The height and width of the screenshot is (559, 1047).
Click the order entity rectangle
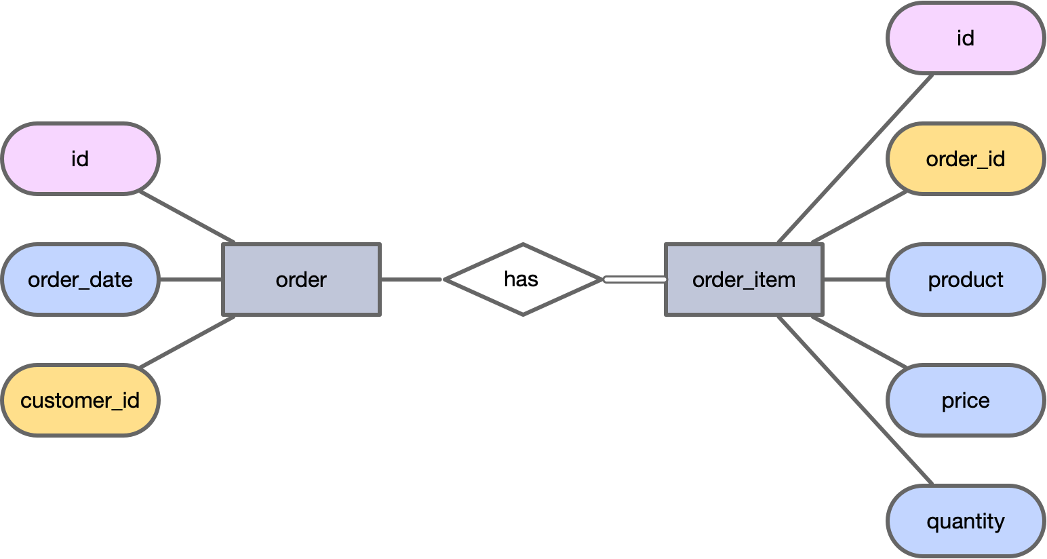click(x=302, y=279)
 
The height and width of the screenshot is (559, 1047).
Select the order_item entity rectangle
click(x=744, y=279)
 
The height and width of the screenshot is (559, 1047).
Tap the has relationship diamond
click(x=522, y=279)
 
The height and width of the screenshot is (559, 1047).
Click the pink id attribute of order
click(x=80, y=159)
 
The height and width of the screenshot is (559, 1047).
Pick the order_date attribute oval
click(x=80, y=279)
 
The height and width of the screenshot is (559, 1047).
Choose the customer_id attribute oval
click(x=80, y=400)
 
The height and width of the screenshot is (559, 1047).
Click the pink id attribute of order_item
click(x=965, y=38)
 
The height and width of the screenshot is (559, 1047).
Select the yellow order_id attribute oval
click(x=965, y=159)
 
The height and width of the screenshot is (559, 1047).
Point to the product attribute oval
click(x=965, y=279)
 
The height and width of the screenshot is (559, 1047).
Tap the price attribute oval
click(x=965, y=400)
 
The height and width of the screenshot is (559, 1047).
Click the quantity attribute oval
click(x=965, y=521)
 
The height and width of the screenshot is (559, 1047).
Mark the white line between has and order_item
click(x=635, y=279)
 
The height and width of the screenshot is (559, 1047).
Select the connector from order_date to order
click(x=191, y=279)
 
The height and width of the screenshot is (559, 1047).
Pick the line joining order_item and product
click(x=855, y=279)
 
